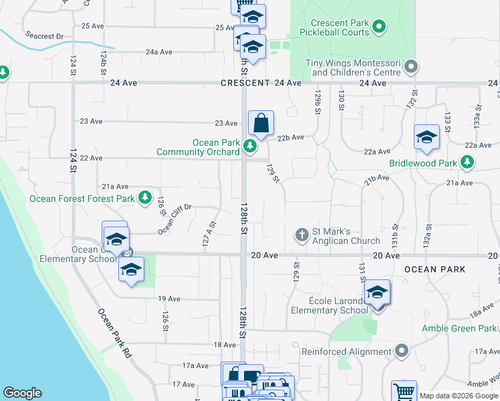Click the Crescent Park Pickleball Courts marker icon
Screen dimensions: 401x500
point(379,27)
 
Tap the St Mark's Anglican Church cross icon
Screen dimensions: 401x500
point(302,235)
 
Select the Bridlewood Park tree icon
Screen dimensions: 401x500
point(467,162)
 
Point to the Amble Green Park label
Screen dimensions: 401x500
point(459,328)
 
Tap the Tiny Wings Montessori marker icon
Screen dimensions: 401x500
point(411,68)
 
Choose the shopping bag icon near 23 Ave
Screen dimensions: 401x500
point(261,124)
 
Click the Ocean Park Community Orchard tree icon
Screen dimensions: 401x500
point(250,146)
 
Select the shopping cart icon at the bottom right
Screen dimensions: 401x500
point(404,392)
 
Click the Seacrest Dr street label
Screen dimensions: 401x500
point(45,35)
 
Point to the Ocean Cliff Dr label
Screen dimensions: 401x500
point(175,219)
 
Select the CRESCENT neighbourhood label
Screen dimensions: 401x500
point(246,83)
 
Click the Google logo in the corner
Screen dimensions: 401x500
point(22,393)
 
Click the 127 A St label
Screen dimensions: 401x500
point(211,234)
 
